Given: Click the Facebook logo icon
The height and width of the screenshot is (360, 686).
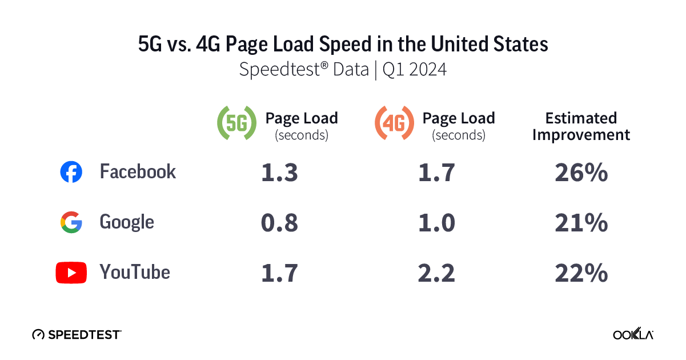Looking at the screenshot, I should (71, 172).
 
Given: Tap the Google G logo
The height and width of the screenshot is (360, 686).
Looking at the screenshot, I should (71, 222).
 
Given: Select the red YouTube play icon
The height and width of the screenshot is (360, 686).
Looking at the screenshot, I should (71, 273).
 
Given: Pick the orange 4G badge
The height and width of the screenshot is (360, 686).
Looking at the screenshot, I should (394, 123).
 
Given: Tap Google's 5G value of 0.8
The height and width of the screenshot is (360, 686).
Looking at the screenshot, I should (279, 223).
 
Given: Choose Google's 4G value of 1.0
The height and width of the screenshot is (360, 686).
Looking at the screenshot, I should (436, 223).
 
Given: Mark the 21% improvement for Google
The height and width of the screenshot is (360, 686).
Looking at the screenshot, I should (581, 223).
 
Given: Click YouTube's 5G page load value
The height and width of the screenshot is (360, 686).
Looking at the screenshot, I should (279, 273).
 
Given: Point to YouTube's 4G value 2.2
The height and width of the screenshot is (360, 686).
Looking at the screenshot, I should (436, 273).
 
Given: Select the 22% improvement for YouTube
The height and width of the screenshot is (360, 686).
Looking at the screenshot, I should (581, 273).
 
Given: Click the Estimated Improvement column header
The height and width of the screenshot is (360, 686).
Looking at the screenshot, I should (581, 126).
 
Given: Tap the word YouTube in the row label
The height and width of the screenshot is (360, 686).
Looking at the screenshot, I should (135, 273).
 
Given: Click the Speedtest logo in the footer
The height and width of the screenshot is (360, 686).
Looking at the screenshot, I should (77, 334).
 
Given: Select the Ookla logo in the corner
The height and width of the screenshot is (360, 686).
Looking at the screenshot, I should (633, 335).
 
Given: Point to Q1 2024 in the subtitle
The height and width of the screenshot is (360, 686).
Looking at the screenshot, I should (414, 70).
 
